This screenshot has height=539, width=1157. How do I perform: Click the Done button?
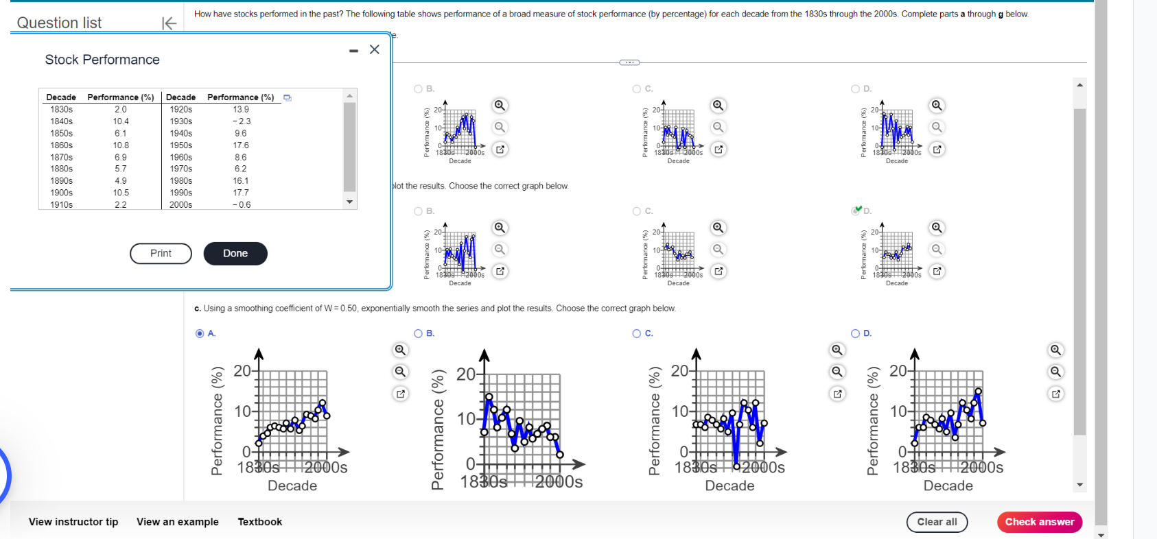[x=235, y=254]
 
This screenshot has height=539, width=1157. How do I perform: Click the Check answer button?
[x=1040, y=522]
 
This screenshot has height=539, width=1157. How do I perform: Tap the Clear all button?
[x=937, y=522]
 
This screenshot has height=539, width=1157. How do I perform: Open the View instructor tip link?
[x=73, y=522]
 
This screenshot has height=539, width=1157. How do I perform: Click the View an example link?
[x=178, y=522]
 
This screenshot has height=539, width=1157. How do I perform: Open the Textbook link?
[x=260, y=522]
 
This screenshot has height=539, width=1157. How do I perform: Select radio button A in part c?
[x=200, y=333]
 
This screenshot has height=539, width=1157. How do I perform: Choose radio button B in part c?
[x=419, y=333]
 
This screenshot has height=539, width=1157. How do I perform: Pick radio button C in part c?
[x=637, y=333]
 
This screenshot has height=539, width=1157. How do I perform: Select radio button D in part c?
[x=856, y=333]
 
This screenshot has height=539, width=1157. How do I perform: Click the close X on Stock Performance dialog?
[x=375, y=49]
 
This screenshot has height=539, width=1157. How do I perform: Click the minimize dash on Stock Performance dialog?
[x=353, y=51]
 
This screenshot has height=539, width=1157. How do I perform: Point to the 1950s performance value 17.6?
[x=241, y=145]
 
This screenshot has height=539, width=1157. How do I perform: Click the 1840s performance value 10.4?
[x=121, y=121]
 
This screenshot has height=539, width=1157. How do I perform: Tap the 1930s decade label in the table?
[x=181, y=121]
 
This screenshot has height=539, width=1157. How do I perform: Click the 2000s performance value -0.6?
[x=241, y=205]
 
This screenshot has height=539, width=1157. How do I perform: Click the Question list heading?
[x=59, y=23]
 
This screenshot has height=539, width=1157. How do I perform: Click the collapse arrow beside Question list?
[x=169, y=23]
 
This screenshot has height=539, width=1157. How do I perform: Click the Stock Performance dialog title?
[x=102, y=60]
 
